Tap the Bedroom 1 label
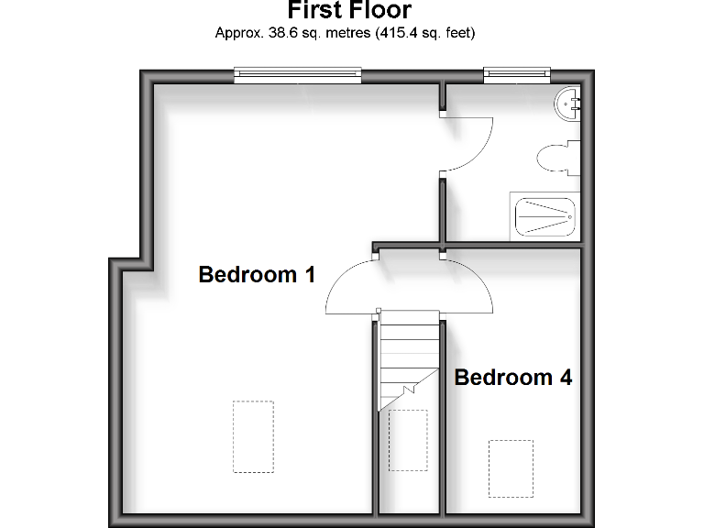click(257, 274)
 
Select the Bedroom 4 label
click(513, 377)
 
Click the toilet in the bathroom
click(557, 159)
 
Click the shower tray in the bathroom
click(544, 217)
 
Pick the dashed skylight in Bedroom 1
click(253, 436)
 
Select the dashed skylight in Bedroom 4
click(510, 468)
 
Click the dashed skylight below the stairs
click(408, 440)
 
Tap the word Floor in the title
click(382, 11)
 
